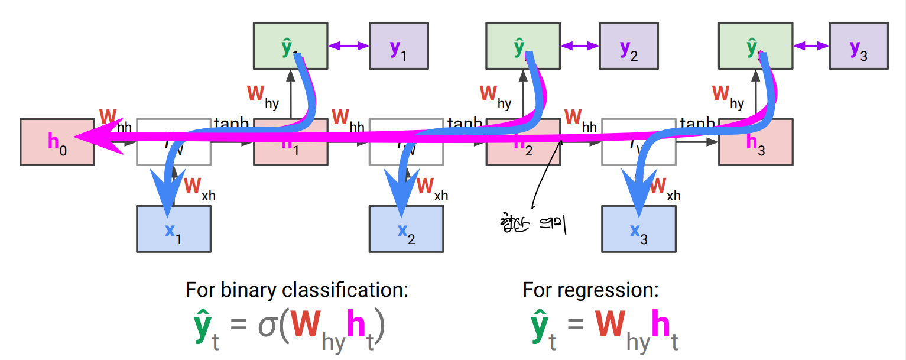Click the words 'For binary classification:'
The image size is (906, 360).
(x=297, y=290)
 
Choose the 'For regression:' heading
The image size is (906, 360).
(x=590, y=290)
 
